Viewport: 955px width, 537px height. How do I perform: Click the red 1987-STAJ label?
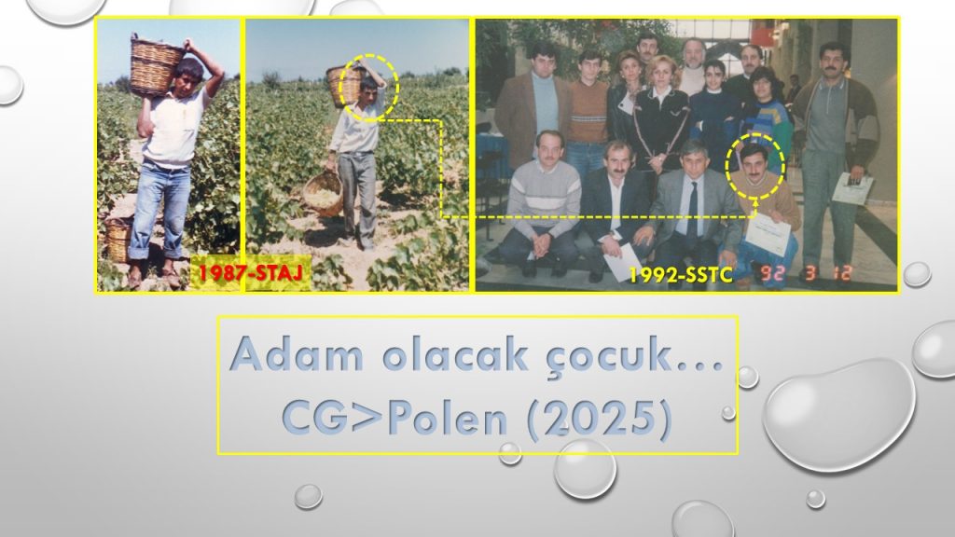[250, 273]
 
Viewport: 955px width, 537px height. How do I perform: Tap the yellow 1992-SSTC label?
[680, 275]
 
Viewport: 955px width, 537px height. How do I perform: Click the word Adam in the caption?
[297, 353]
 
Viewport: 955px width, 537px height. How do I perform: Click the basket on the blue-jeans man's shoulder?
[155, 64]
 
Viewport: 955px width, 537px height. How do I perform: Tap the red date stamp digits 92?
[772, 274]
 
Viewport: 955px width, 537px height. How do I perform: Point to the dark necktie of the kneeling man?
[693, 208]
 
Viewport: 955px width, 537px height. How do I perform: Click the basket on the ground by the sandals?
[118, 240]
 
